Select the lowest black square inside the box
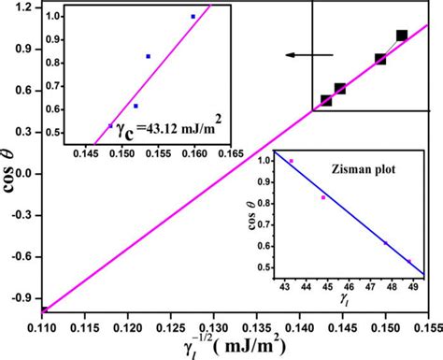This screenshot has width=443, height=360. pyautogui.click(x=326, y=100)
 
